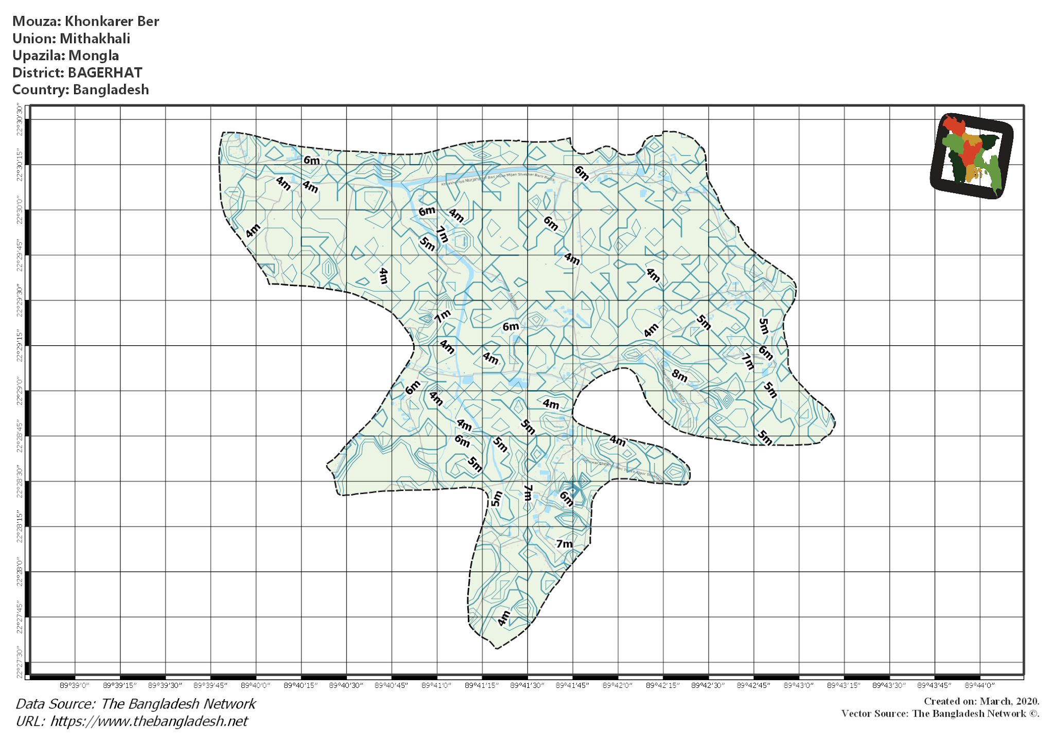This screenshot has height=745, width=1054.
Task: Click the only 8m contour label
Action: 679,376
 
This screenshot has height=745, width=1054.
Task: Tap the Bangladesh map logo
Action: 971,155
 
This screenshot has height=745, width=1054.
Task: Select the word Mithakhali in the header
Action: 95,39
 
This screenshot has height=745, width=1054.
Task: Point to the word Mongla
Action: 94,56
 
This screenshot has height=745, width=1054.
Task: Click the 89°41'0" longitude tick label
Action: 436,685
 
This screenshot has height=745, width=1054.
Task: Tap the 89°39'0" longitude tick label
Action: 75,685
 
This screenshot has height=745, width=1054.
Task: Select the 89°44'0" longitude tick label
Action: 979,685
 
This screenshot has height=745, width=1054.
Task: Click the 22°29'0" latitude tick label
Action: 20,391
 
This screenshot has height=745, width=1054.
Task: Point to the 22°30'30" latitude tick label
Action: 20,119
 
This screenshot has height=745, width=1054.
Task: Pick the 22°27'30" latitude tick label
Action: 20,663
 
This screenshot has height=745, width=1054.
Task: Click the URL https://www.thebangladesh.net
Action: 149,721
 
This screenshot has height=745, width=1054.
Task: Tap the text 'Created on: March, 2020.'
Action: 981,701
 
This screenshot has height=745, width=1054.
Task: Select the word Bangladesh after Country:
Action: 111,90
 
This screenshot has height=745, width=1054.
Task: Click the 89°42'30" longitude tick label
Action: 708,685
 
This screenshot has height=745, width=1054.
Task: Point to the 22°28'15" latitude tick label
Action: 20,527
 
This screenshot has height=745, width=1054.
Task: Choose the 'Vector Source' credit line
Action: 940,714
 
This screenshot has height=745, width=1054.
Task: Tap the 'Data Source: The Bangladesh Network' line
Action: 136,704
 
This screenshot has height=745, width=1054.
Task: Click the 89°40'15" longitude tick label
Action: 301,685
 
